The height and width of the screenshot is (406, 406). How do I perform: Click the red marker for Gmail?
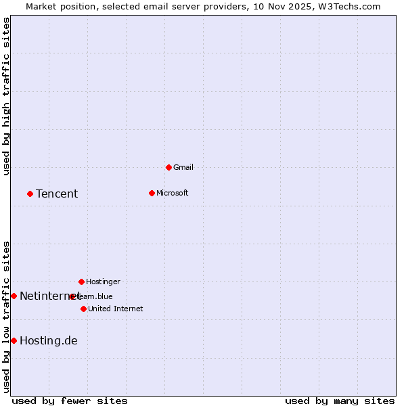[x=168, y=167]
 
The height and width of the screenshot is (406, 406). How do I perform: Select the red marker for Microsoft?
[x=152, y=193]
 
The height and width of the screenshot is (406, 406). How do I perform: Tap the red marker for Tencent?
[x=30, y=194]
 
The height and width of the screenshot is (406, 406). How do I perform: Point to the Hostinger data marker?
[x=81, y=281]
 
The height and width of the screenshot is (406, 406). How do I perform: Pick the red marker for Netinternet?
[x=14, y=296]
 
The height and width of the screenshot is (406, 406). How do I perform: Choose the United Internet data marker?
[x=83, y=309]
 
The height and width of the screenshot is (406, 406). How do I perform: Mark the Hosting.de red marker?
[x=14, y=340]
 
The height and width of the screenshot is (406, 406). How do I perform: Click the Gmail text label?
[x=183, y=167]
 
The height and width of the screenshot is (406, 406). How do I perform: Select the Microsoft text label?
[x=172, y=193]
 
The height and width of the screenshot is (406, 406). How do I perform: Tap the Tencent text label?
[x=57, y=194]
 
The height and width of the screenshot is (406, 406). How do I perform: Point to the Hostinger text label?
[x=103, y=281]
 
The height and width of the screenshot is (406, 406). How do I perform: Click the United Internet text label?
[x=115, y=309]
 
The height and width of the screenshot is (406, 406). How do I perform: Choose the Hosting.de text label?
[x=48, y=340]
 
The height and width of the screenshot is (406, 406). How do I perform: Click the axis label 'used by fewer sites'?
[x=70, y=401]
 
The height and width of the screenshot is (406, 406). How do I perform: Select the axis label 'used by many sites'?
[x=340, y=401]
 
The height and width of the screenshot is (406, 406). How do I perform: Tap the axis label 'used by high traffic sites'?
[x=6, y=97]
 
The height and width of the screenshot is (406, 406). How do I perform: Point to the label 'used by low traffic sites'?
[x=6, y=316]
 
